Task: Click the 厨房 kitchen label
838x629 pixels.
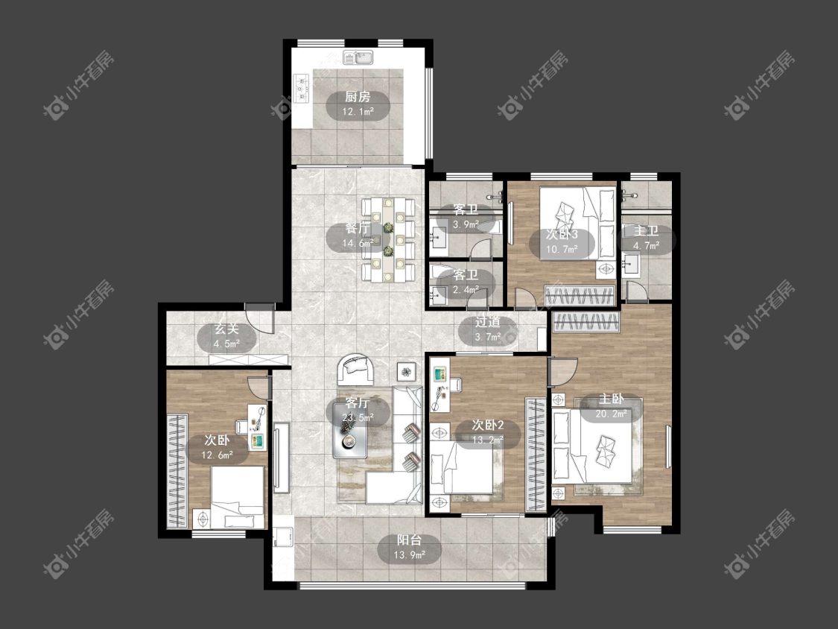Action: pyautogui.click(x=358, y=97)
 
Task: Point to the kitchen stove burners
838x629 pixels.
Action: pyautogui.click(x=301, y=87)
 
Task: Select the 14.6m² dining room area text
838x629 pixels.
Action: pyautogui.click(x=358, y=244)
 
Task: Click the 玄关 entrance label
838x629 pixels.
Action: pyautogui.click(x=226, y=329)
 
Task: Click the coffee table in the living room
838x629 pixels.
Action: pyautogui.click(x=350, y=430)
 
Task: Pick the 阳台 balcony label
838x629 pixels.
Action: pyautogui.click(x=410, y=540)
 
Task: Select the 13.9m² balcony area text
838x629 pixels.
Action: pyautogui.click(x=410, y=555)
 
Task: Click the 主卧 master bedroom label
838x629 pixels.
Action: pyautogui.click(x=612, y=399)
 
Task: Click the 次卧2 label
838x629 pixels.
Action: pyautogui.click(x=487, y=426)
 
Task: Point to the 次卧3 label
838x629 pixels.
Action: pyautogui.click(x=562, y=234)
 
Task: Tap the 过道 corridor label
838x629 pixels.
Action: pyautogui.click(x=487, y=322)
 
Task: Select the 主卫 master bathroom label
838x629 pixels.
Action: pyautogui.click(x=646, y=231)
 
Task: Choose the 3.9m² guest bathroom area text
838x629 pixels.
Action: pyautogui.click(x=466, y=224)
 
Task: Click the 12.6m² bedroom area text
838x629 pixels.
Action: pyautogui.click(x=217, y=455)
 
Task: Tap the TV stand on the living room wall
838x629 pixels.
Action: pyautogui.click(x=281, y=458)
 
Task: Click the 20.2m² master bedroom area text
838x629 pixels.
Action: pyautogui.click(x=612, y=414)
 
